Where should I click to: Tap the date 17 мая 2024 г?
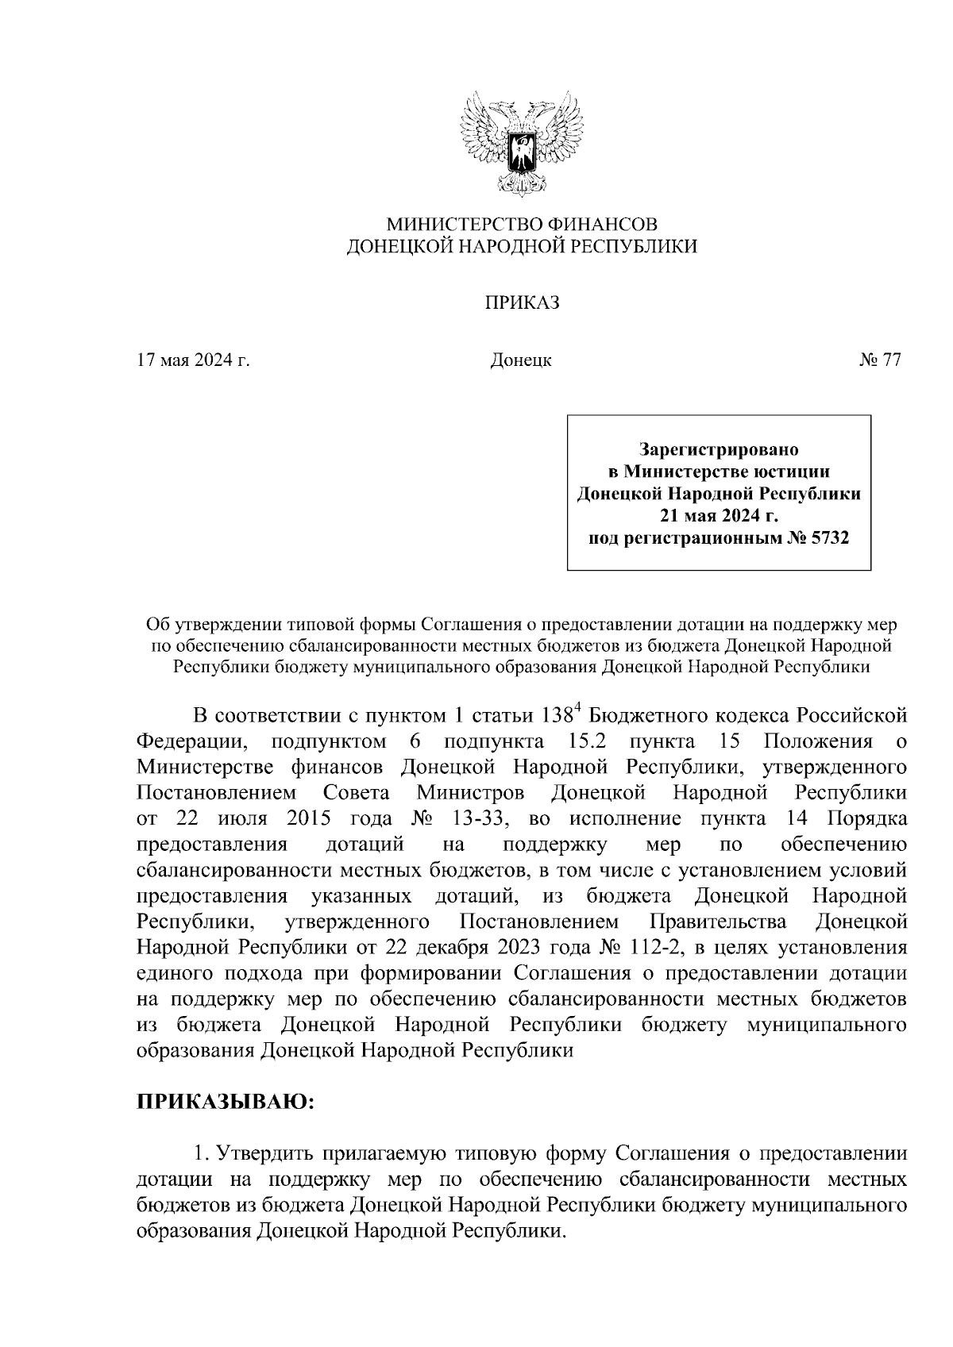click(x=193, y=360)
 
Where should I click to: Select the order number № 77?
click(x=879, y=360)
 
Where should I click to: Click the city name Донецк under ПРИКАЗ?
click(x=521, y=361)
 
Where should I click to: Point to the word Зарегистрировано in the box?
click(x=719, y=450)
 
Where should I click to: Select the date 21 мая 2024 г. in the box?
click(x=719, y=517)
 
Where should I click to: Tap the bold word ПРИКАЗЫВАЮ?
click(x=227, y=1103)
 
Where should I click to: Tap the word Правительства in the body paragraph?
click(x=718, y=922)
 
